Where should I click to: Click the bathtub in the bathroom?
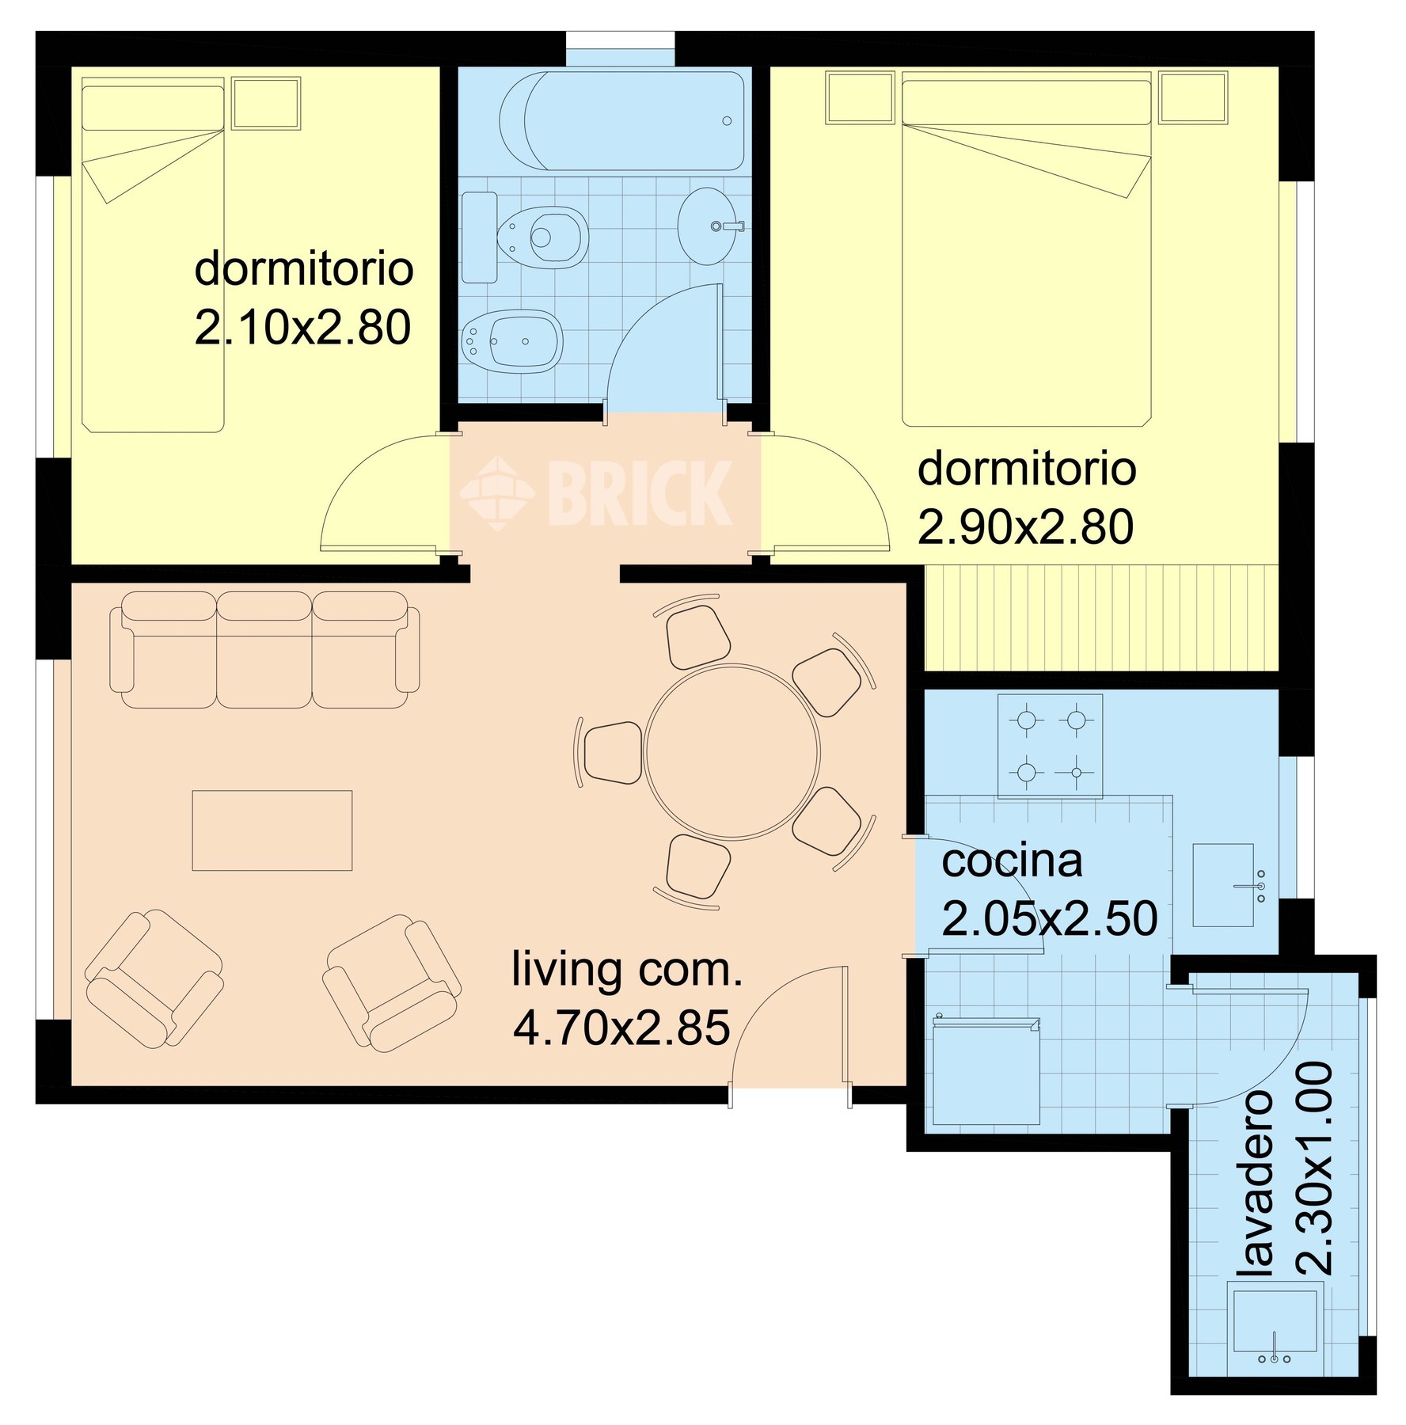click(621, 121)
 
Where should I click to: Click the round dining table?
click(732, 752)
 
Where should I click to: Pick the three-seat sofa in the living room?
click(264, 650)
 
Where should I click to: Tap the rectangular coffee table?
click(272, 830)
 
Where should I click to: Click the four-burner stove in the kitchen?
click(1050, 746)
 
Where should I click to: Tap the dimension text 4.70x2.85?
click(621, 1028)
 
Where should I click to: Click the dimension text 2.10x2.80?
click(302, 327)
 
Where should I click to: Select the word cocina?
click(1012, 861)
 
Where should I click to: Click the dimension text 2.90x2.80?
click(1025, 527)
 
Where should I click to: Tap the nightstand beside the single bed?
click(266, 103)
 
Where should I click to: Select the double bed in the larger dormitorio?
click(1026, 249)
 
